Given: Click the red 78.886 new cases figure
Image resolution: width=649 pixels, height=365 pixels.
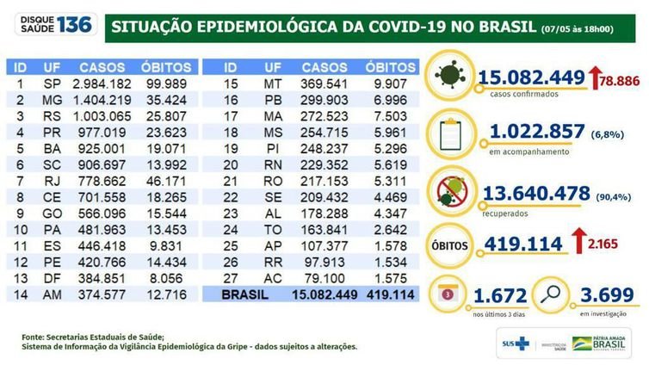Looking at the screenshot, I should pos(615,80).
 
